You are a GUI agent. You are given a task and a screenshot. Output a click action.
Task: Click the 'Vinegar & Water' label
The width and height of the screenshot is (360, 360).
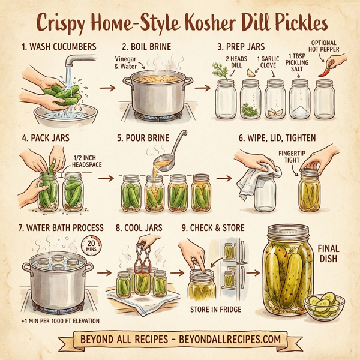tap(127, 62)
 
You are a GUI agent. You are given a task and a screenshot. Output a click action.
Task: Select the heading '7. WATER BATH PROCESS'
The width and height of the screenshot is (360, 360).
tap(53, 228)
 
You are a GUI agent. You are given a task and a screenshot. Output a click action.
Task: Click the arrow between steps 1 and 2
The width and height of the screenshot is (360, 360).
tap(107, 88)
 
